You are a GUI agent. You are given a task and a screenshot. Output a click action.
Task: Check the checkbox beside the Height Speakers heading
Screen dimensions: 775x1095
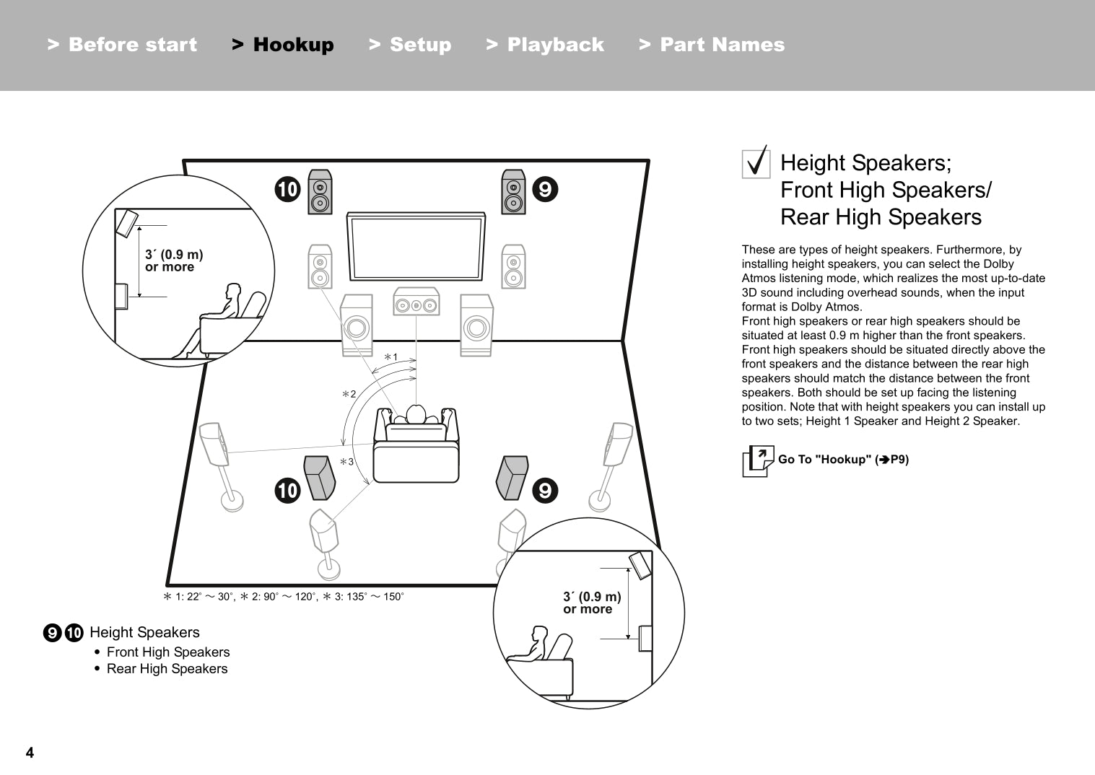756,163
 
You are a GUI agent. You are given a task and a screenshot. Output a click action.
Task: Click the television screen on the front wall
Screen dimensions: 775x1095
416,246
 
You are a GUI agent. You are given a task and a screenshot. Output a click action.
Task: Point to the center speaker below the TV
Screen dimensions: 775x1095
416,302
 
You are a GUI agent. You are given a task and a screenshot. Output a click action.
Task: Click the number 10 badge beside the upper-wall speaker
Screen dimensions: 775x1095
287,189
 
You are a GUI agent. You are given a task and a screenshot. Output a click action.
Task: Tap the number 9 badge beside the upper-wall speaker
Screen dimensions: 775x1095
545,189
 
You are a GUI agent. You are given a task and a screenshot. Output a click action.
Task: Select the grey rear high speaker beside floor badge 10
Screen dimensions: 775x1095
320,478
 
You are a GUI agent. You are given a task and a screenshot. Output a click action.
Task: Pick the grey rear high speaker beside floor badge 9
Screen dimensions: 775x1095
512,477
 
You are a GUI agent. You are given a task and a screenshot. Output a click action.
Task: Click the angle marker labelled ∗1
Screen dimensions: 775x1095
391,357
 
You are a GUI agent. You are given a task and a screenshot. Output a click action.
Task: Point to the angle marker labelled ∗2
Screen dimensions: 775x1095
349,394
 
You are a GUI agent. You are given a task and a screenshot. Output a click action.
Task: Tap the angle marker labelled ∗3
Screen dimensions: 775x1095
347,462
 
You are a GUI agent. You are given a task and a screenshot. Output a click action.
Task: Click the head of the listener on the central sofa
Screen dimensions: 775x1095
416,414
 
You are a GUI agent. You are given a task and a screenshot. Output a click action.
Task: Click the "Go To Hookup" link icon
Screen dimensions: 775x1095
757,460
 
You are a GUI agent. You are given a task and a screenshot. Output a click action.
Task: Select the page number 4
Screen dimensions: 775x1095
30,753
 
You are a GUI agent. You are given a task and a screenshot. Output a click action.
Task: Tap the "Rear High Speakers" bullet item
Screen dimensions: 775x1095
167,669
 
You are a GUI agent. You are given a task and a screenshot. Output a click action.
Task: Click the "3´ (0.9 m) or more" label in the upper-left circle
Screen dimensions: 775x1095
174,260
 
